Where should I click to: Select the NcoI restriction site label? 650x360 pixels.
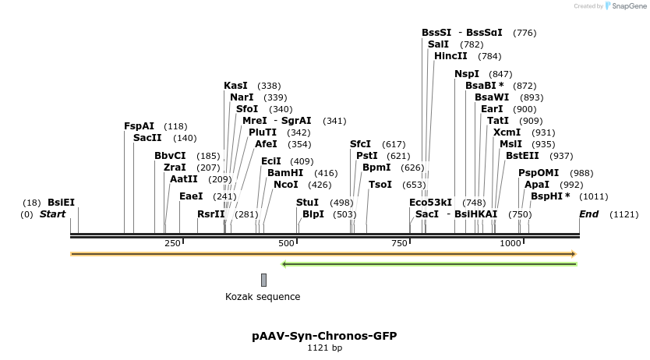click(286, 185)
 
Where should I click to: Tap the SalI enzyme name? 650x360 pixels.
click(438, 44)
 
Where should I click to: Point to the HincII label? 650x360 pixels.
click(450, 56)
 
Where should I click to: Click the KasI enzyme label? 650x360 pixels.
click(235, 86)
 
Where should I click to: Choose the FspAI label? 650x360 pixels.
click(140, 126)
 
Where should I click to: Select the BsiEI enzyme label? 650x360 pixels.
click(62, 203)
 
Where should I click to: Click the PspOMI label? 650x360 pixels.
click(539, 173)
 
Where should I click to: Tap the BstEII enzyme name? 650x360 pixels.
click(522, 156)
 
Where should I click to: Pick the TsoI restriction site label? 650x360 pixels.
click(380, 185)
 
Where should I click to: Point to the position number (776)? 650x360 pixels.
click(525, 33)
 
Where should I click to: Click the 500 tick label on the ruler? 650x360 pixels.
click(286, 244)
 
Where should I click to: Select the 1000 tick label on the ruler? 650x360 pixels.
click(510, 244)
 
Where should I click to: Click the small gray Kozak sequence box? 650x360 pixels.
click(263, 280)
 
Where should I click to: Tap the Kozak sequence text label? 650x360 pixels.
click(263, 297)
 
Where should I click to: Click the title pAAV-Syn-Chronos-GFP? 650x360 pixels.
click(324, 336)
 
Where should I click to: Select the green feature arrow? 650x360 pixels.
click(429, 264)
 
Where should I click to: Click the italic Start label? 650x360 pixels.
click(53, 214)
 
